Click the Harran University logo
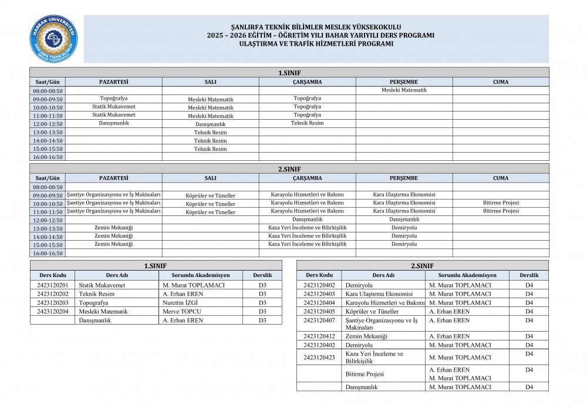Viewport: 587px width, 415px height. [x=55, y=39]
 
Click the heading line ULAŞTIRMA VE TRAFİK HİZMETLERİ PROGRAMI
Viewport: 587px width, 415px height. [x=316, y=43]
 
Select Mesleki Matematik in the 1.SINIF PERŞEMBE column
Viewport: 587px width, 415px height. [x=404, y=90]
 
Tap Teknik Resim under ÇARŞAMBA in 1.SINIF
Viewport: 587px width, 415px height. [x=307, y=123]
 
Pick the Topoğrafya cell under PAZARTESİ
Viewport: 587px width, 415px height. [x=113, y=99]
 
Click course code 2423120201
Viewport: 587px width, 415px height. [x=52, y=285]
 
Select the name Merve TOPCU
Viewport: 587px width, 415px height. [x=182, y=312]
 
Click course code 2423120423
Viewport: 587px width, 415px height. [x=319, y=357]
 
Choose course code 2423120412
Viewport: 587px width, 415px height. [x=319, y=336]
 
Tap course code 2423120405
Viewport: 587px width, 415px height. [x=319, y=312]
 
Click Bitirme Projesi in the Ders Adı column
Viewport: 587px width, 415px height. [x=365, y=374]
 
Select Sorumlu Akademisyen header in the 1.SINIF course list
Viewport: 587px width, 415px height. [x=201, y=275]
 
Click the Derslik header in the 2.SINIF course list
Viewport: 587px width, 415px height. [x=529, y=275]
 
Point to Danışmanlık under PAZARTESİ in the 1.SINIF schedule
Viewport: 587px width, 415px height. [x=113, y=123]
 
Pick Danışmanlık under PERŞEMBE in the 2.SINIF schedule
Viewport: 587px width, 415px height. [x=404, y=220]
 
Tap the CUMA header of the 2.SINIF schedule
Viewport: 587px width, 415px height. [x=501, y=178]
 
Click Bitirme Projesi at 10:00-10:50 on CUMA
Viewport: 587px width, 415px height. [x=501, y=203]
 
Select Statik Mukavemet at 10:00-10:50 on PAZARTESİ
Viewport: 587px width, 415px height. [x=113, y=107]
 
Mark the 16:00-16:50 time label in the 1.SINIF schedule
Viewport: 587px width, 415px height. [x=48, y=157]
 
